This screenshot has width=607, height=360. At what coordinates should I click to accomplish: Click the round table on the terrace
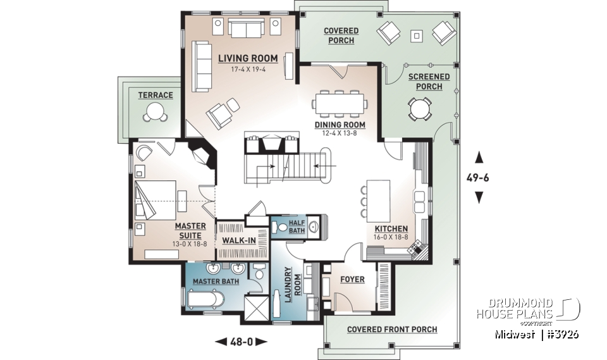(155, 113)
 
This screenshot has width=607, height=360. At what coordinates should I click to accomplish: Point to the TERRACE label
(155, 96)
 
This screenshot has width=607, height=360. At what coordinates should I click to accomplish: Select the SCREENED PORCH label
(429, 82)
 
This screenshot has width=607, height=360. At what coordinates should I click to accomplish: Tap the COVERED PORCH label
(341, 35)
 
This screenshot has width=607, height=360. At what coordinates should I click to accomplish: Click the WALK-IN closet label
(238, 241)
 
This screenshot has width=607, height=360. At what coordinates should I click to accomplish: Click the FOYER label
(352, 279)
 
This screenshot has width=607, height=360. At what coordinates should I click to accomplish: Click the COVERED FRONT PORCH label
(392, 329)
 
